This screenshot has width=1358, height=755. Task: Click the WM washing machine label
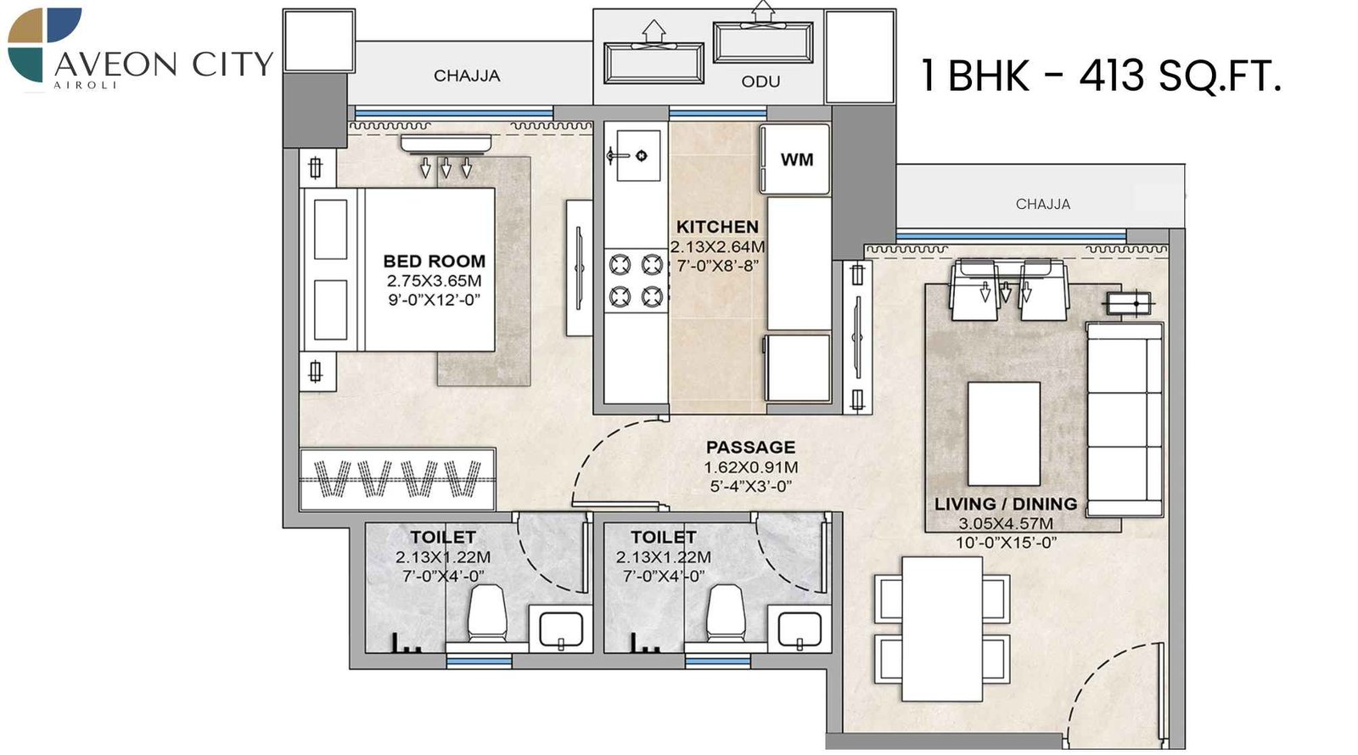(x=796, y=160)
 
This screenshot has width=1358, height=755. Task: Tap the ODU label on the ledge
(x=760, y=82)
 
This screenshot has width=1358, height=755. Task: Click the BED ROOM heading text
(x=434, y=262)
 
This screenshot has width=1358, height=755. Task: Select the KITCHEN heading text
(x=717, y=227)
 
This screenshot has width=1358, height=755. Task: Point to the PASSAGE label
(x=750, y=447)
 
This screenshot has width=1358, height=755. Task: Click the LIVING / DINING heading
(x=1005, y=504)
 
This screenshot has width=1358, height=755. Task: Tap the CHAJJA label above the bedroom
(x=467, y=76)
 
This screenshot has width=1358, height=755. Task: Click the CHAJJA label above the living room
(x=1042, y=204)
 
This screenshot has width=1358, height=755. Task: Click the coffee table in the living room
(x=1004, y=433)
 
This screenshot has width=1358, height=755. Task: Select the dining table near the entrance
(x=942, y=628)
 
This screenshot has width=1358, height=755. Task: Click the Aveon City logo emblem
(x=44, y=44)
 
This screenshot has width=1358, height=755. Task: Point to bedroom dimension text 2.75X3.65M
(x=434, y=280)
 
